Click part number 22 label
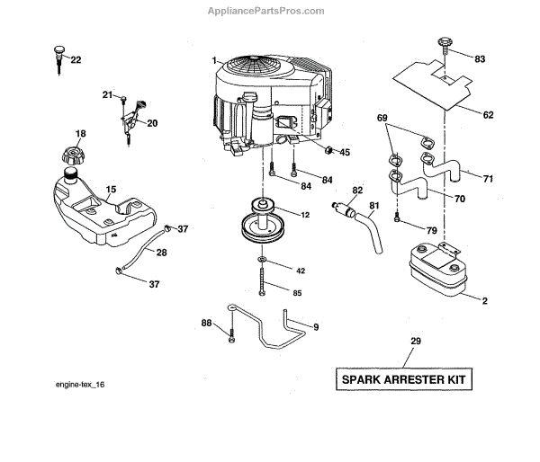(76, 60)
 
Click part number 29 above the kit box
(415, 342)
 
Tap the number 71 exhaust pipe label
(488, 179)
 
